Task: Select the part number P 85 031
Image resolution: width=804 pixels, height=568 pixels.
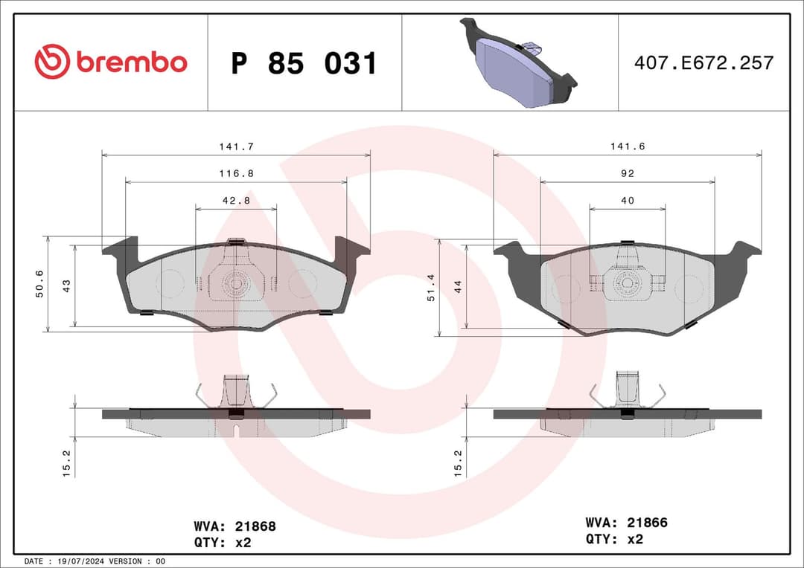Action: [304, 63]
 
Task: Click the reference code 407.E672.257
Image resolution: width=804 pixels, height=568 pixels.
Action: [703, 63]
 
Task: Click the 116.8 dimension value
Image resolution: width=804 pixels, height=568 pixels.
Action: [236, 173]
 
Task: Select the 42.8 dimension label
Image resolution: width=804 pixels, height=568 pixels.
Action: [236, 201]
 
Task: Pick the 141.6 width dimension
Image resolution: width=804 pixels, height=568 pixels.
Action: [628, 147]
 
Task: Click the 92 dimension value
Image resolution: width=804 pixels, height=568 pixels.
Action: [628, 173]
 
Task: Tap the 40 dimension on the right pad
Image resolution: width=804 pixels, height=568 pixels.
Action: [628, 201]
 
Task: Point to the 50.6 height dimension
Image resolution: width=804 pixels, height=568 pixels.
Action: [40, 284]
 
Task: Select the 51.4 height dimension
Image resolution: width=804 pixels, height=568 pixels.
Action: [432, 287]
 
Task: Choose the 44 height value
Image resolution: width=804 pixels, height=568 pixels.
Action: [458, 285]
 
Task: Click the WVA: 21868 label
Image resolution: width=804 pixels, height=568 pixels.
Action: [234, 526]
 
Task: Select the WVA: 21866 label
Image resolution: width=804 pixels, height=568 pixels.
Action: [626, 523]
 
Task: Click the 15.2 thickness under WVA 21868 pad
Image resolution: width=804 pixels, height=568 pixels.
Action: [66, 463]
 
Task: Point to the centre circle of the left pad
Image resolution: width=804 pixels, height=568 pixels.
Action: [236, 283]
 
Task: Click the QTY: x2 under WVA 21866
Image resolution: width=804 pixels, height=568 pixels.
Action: [614, 539]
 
